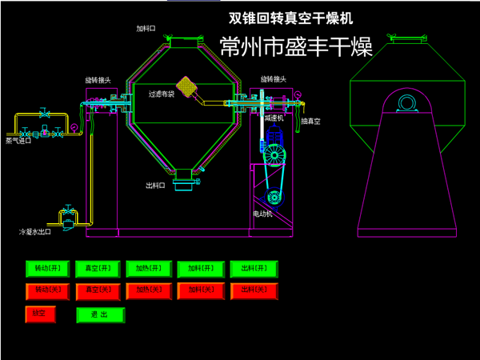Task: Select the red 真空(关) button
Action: (99, 290)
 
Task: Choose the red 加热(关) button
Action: (150, 290)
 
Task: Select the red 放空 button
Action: (42, 314)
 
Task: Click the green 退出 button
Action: (101, 315)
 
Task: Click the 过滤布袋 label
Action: (161, 94)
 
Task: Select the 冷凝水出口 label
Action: (34, 232)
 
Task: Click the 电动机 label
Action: (263, 214)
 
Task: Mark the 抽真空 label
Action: (310, 122)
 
